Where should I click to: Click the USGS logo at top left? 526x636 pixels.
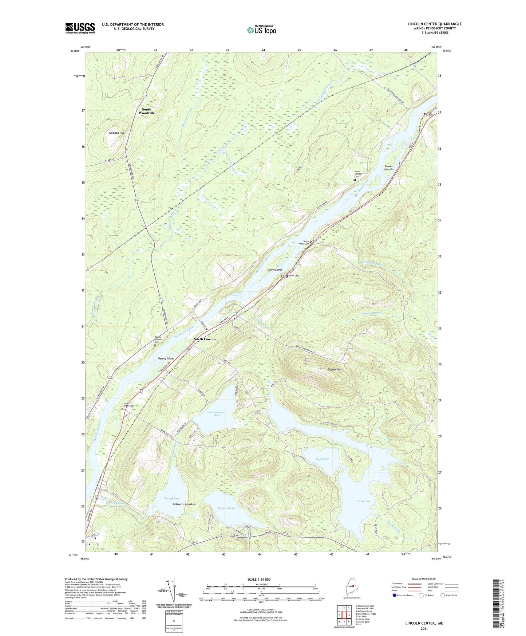coord(80,28)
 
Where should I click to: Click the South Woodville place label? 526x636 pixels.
coord(147,111)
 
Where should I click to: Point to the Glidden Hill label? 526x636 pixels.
coord(116,133)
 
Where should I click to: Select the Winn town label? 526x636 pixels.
coord(428,114)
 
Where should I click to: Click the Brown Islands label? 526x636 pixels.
coord(388,168)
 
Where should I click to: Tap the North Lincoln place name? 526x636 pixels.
coord(205,339)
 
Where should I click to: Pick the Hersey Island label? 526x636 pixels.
coord(166,358)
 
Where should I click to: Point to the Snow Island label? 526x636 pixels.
coord(274,270)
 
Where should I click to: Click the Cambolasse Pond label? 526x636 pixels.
coord(217,413)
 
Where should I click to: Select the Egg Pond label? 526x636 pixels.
coord(322,459)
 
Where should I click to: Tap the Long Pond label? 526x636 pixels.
coord(365,501)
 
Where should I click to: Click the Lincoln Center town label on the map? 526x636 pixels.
coord(184,504)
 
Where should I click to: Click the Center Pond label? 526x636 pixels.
coord(226,508)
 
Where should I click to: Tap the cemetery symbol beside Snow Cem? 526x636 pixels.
coord(286,276)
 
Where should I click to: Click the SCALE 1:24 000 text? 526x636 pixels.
coord(259,579)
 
